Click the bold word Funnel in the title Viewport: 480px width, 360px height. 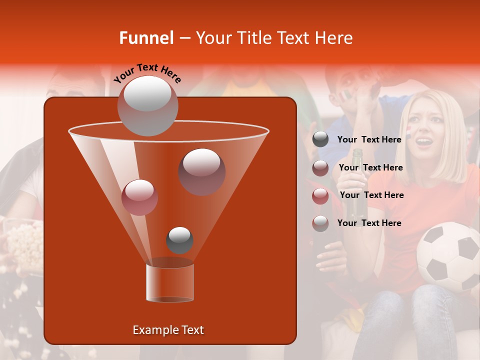click(146, 38)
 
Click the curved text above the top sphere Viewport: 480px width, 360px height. click(148, 73)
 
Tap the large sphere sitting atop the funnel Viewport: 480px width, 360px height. click(147, 105)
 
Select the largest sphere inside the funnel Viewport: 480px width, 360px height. click(201, 171)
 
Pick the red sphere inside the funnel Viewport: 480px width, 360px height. click(140, 197)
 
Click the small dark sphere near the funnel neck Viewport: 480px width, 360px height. click(179, 240)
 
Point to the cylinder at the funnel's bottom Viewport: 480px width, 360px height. click(170, 282)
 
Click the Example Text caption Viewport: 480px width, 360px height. click(168, 330)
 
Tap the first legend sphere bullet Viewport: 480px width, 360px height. click(320, 139)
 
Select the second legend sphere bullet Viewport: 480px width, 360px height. click(320, 167)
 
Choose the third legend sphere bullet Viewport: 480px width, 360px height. click(320, 195)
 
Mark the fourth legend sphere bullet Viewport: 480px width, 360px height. click(320, 223)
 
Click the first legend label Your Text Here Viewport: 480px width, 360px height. click(369, 139)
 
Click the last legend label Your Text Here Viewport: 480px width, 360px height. click(369, 223)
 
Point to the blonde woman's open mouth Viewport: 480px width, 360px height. click(424, 142)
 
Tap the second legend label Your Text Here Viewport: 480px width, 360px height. click(370, 167)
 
